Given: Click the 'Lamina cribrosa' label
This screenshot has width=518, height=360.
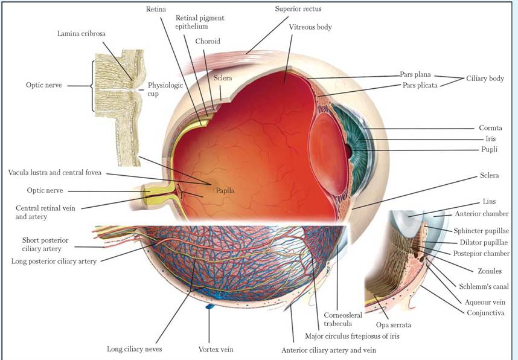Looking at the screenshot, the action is point(82,34).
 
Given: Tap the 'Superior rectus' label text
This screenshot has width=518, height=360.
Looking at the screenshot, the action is point(298,9).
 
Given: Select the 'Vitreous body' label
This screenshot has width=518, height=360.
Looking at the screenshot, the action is point(310,27).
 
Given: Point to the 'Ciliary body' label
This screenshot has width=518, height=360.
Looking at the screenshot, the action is point(485,79).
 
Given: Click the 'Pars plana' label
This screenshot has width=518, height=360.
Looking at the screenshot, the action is point(415,74).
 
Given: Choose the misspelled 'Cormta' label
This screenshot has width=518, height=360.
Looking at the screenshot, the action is point(490,128).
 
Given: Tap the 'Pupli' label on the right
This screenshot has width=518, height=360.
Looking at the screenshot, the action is point(489,149).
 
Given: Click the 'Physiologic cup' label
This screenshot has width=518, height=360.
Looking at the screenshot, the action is point(165,89).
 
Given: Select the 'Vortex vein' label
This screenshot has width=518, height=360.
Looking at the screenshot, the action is point(216,349).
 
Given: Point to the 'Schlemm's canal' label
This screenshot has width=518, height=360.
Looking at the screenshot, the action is point(484,287).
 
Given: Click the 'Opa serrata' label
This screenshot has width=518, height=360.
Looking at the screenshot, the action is point(394,325).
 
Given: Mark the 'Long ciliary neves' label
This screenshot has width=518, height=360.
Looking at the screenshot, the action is point(134,349).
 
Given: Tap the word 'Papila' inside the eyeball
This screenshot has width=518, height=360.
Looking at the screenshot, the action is point(225,191).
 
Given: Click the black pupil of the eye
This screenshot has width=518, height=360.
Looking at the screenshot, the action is point(348,151).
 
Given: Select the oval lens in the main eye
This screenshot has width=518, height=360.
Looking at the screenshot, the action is point(328,153).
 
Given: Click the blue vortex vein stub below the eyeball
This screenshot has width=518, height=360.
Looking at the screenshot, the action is point(209,307).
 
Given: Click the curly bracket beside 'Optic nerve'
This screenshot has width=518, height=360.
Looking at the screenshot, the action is point(92,86).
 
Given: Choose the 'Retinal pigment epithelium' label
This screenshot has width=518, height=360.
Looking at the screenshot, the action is point(200,22).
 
